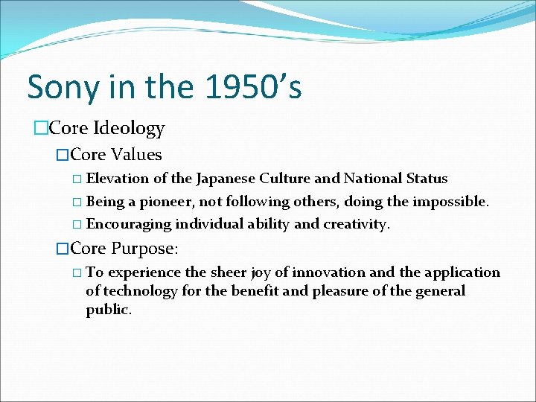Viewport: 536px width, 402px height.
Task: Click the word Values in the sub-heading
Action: (136, 155)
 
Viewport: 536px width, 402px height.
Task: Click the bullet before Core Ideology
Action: (39, 129)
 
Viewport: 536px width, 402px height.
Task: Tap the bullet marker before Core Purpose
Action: (63, 248)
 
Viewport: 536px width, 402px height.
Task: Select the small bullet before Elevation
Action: (78, 179)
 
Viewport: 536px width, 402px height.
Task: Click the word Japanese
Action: (224, 179)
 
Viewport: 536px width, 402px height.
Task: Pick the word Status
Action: (427, 179)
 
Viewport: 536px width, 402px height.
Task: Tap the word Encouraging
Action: (128, 224)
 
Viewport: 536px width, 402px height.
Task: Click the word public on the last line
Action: (108, 310)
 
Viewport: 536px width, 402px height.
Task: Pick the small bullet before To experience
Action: (78, 273)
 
